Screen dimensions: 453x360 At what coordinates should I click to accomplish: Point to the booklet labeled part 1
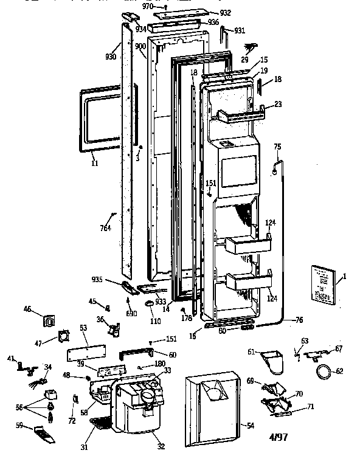coord(322,283)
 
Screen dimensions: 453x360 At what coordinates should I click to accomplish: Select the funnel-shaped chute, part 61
coord(272,362)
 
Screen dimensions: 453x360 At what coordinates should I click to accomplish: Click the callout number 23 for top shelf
coord(278,104)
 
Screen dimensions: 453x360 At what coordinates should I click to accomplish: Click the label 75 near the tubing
coord(277,147)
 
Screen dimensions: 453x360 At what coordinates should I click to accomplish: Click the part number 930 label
coord(110,57)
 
